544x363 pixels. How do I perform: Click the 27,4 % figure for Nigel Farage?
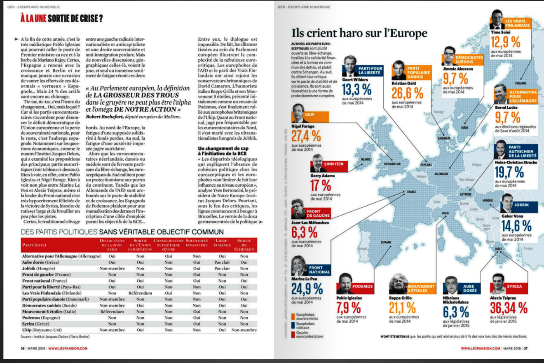(307, 136)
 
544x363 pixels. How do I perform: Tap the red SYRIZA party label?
(514, 286)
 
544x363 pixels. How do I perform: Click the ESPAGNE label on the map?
(386, 242)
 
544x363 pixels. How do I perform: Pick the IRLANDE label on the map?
(366, 159)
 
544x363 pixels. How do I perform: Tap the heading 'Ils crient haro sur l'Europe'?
(359, 33)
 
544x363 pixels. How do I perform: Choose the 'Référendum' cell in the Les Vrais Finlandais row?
(141, 293)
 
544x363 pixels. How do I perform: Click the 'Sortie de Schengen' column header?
(244, 245)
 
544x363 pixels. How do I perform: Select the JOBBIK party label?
(530, 205)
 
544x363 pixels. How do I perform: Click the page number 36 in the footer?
(23, 348)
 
